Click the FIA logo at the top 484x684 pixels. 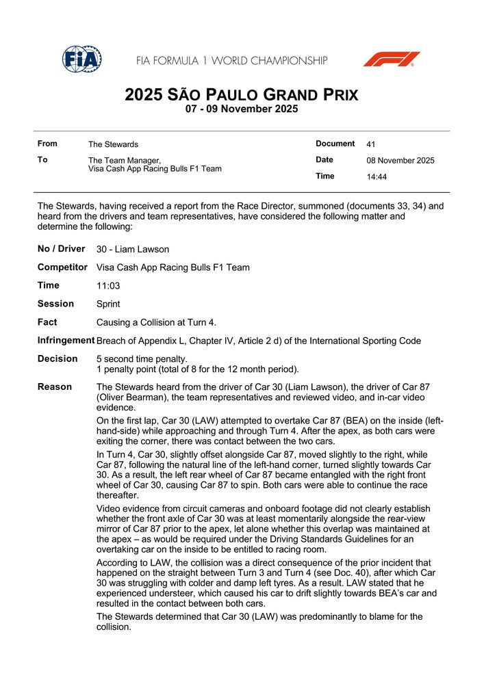coord(82,60)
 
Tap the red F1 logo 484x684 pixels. coord(391,60)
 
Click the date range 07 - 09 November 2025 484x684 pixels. coord(242,109)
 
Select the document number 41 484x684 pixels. coord(371,144)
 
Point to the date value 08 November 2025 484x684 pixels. coord(400,161)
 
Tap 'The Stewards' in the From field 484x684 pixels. coord(113,144)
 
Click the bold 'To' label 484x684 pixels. coord(42,159)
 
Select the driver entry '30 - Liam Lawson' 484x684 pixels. coord(133,250)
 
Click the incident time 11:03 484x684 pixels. coord(107,286)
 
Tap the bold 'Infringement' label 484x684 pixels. coord(66,340)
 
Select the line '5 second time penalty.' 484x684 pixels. coord(142,358)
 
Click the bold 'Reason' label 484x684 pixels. coord(55,387)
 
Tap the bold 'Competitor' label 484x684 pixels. coord(62,267)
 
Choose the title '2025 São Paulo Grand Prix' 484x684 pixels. coord(242,95)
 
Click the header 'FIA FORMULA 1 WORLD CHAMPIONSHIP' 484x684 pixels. coord(231,61)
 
